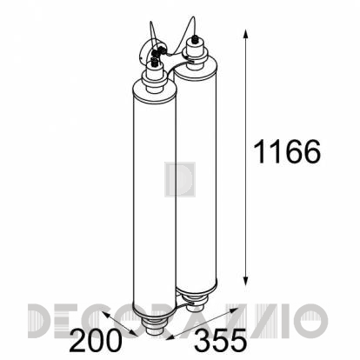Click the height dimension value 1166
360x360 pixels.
click(287, 151)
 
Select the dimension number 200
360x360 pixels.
click(95, 340)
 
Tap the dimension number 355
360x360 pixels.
click(220, 340)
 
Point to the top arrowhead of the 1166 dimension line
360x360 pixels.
click(246, 33)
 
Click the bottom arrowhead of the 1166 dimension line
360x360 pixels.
click(246, 281)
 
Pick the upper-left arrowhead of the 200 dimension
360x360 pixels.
click(106, 315)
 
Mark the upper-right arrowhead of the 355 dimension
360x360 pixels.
click(235, 310)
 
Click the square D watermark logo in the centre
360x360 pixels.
click(180, 180)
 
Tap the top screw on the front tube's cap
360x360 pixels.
click(154, 62)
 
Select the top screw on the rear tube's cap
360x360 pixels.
click(196, 38)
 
